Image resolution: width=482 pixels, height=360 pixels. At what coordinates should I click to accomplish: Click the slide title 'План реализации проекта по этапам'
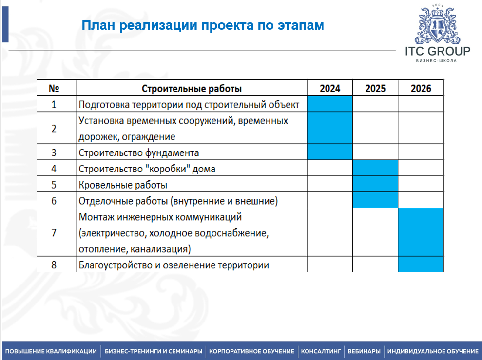[202, 25]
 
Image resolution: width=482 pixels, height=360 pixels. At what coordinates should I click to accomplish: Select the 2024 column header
[329, 89]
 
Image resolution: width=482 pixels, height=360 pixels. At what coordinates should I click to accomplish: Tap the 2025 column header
[375, 89]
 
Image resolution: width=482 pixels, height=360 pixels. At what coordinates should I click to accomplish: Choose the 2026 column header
[421, 89]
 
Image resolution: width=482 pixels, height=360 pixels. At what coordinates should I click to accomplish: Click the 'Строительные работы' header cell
[192, 89]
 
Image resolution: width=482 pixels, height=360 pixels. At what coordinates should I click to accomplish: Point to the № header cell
[54, 89]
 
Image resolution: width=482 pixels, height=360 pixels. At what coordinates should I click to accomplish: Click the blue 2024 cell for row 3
[329, 152]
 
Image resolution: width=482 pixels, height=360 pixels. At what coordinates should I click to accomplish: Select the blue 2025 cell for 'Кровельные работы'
[375, 185]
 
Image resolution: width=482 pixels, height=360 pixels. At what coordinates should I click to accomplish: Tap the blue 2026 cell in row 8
[421, 265]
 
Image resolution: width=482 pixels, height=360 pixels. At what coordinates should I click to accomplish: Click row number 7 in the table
[54, 233]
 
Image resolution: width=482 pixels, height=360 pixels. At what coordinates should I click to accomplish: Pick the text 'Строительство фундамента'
[139, 152]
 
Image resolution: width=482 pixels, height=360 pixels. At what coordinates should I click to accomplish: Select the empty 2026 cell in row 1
[421, 104]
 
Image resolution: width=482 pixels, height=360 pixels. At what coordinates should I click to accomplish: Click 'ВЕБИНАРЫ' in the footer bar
[364, 351]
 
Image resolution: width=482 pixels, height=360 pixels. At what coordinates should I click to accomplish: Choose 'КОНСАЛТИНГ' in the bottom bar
[321, 351]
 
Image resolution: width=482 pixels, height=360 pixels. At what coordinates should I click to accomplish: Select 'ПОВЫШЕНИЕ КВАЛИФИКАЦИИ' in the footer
[51, 351]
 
